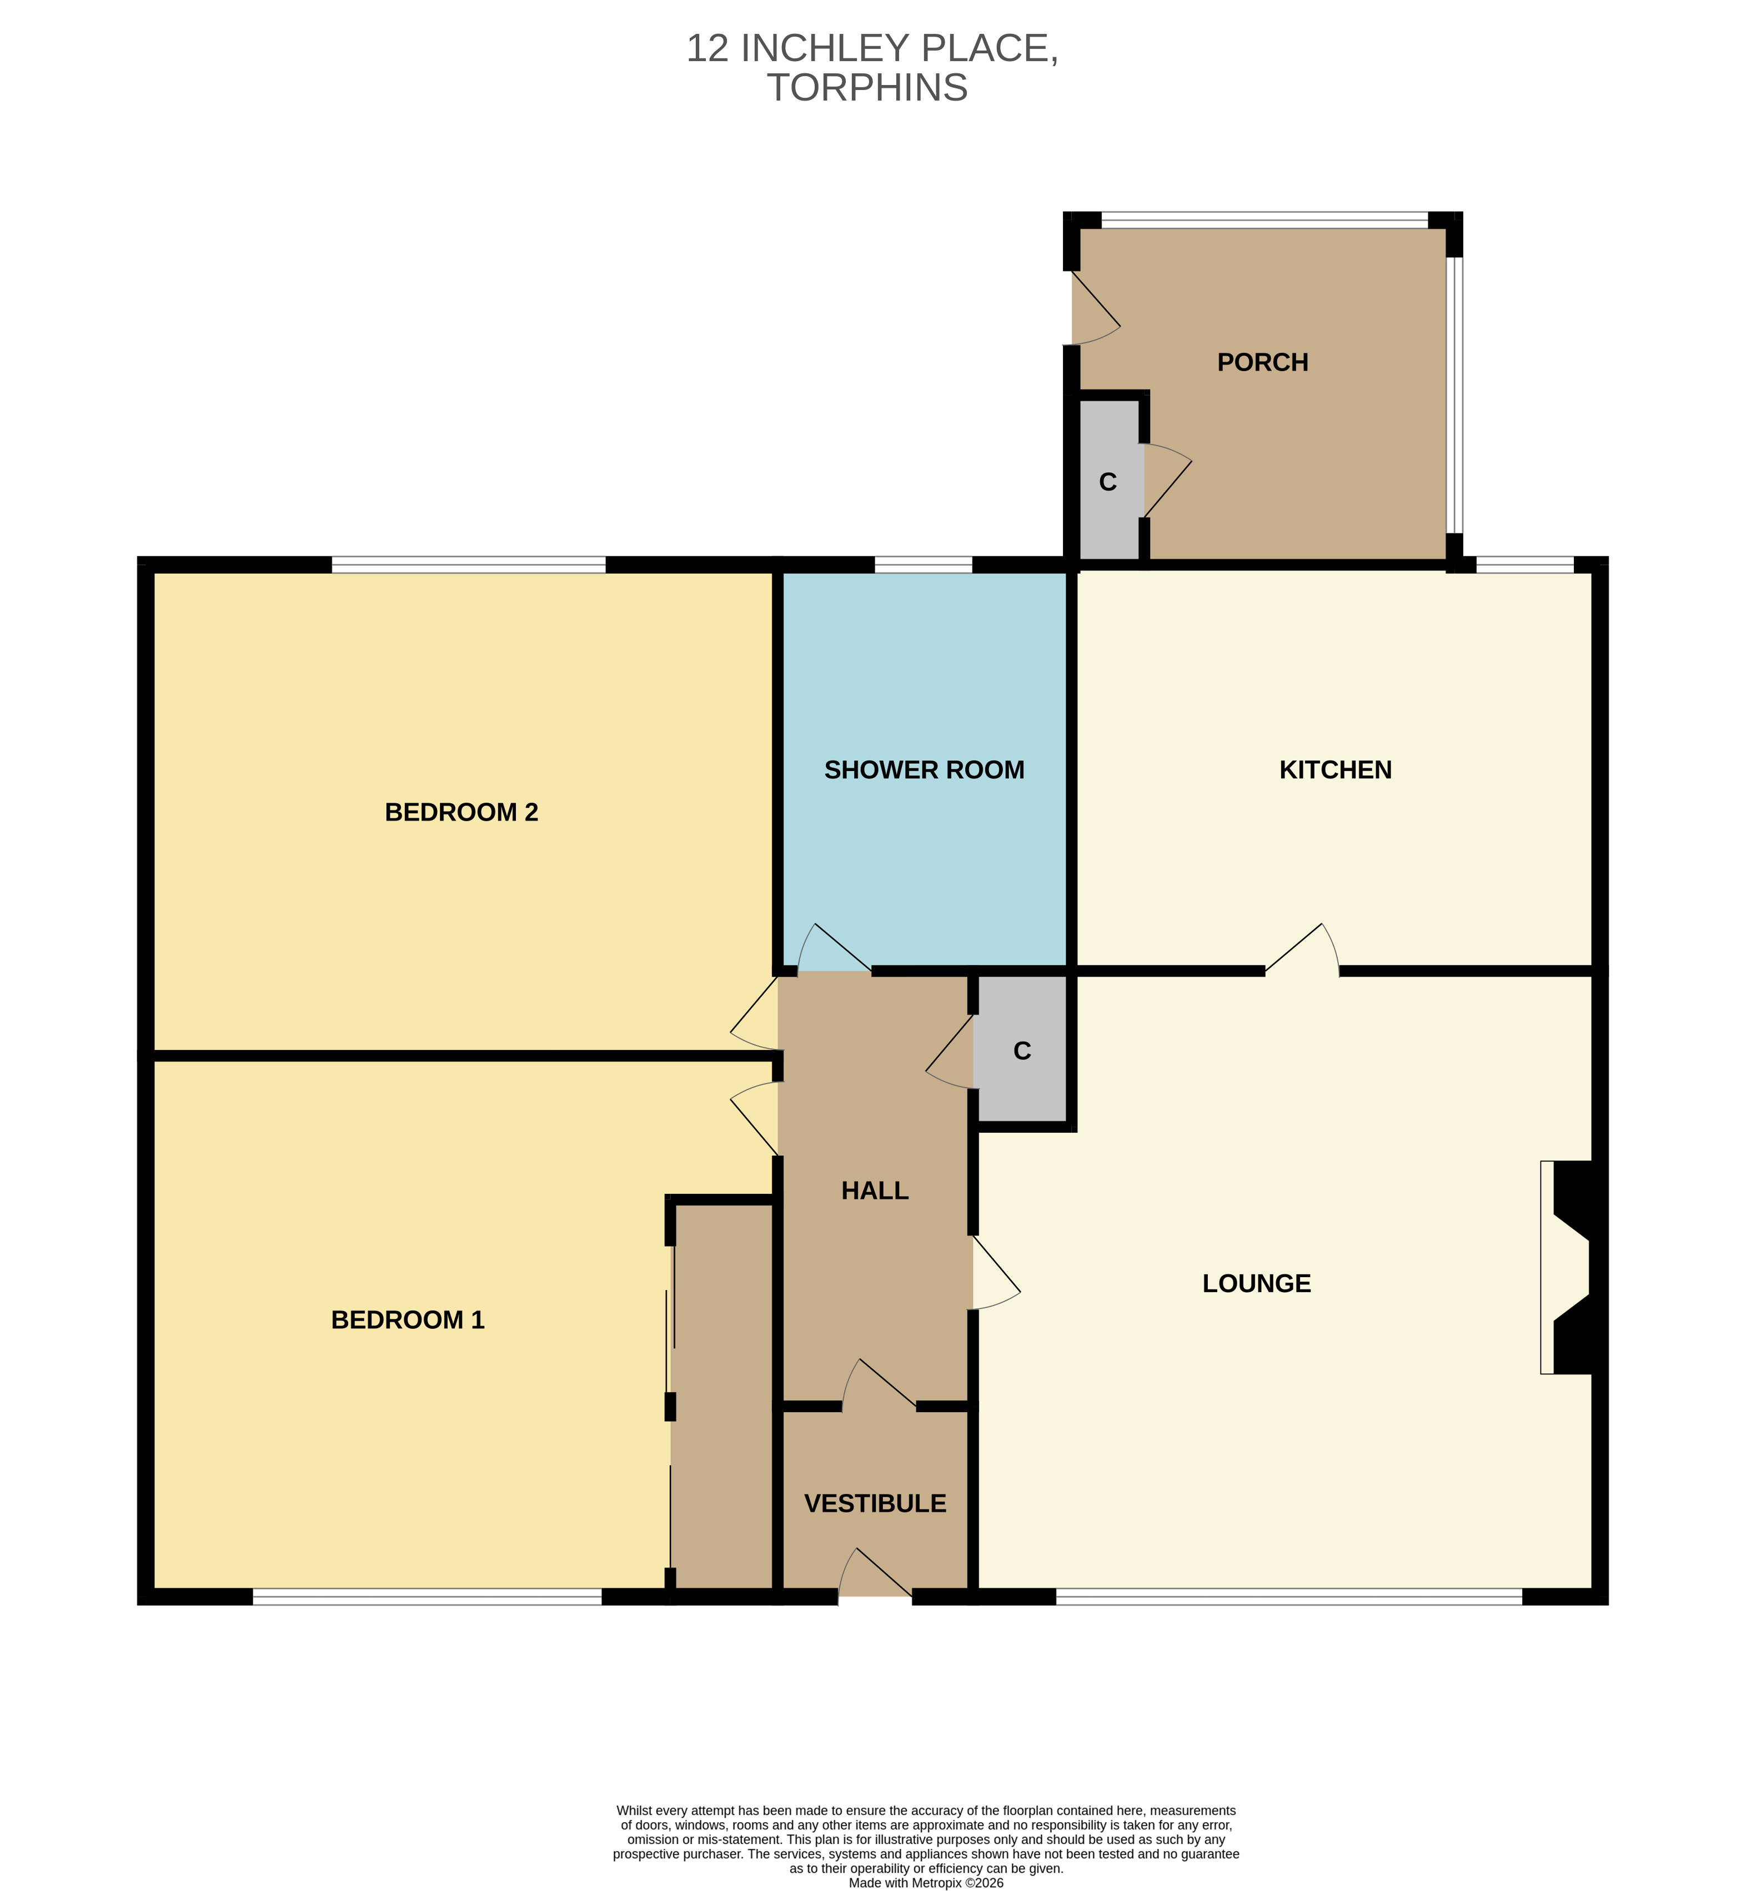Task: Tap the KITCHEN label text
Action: pyautogui.click(x=1335, y=769)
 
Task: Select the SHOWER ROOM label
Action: pyautogui.click(x=924, y=769)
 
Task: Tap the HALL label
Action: pyautogui.click(x=875, y=1190)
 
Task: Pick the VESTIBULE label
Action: pyautogui.click(x=875, y=1504)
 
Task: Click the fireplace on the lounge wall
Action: pyautogui.click(x=1573, y=1267)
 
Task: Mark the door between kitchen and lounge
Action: pyautogui.click(x=1302, y=948)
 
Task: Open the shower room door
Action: pyautogui.click(x=834, y=947)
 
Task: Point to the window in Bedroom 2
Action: pyautogui.click(x=469, y=565)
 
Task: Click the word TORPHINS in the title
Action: pyautogui.click(x=867, y=88)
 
